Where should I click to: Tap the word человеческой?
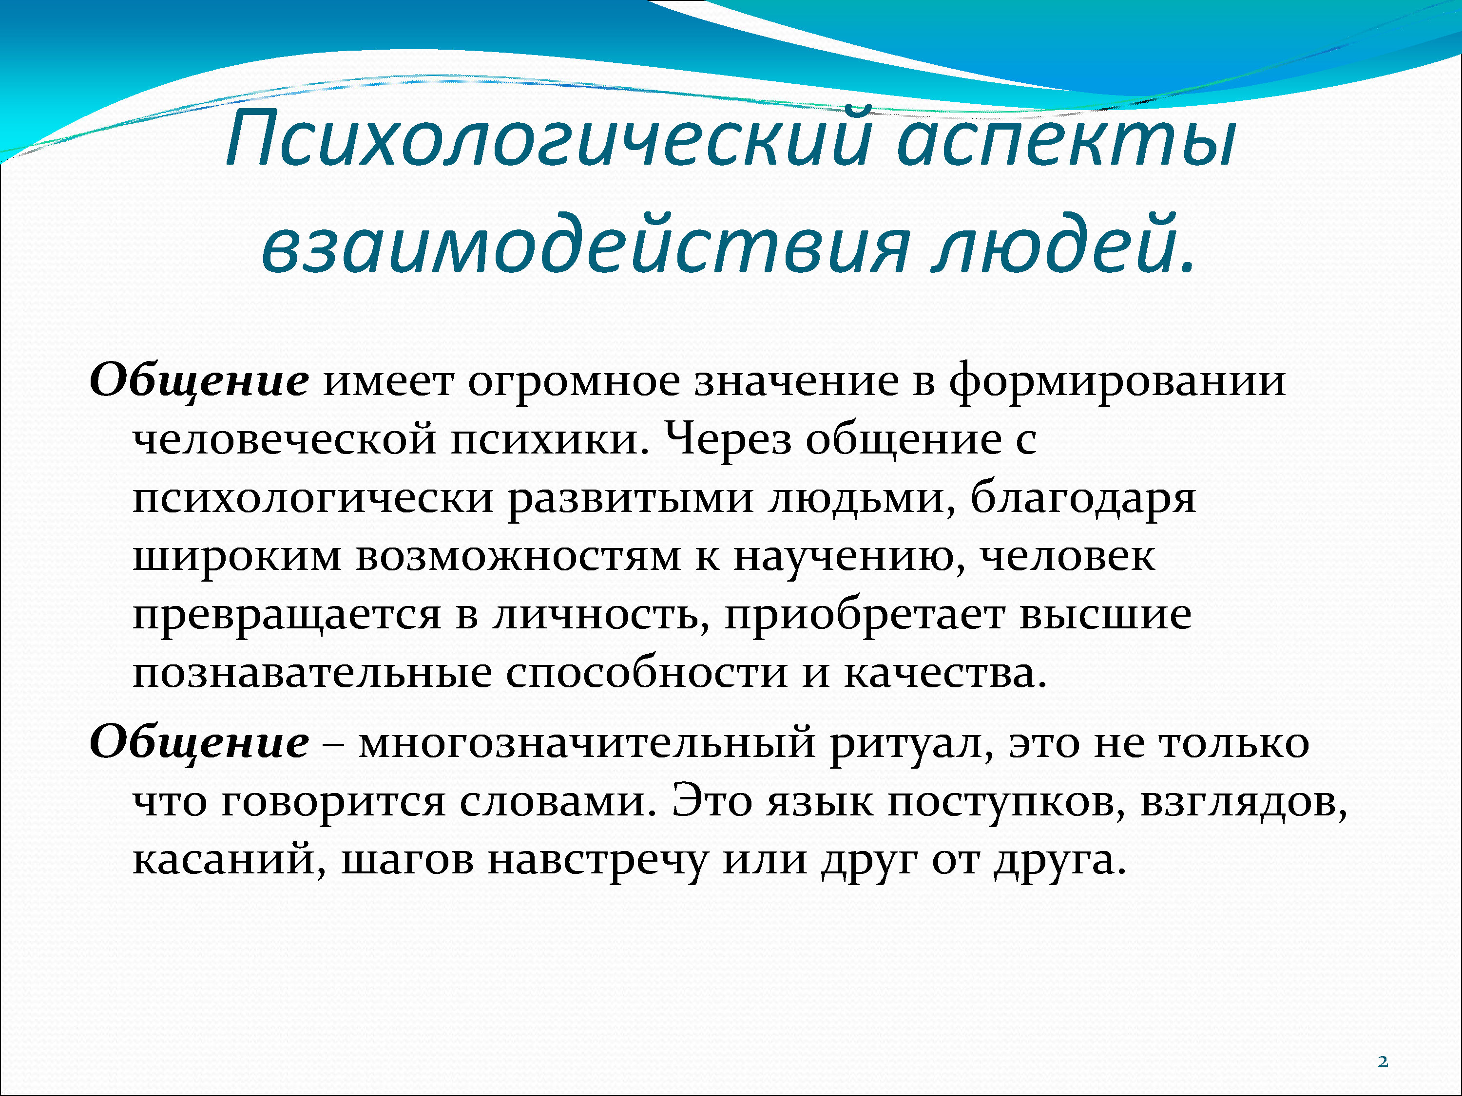tap(284, 439)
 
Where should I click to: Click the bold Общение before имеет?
tap(199, 382)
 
